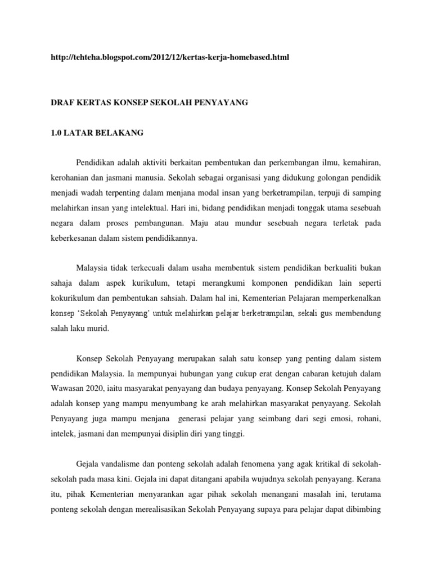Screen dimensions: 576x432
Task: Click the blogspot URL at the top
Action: (x=169, y=58)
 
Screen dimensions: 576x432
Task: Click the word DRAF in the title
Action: (x=63, y=103)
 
